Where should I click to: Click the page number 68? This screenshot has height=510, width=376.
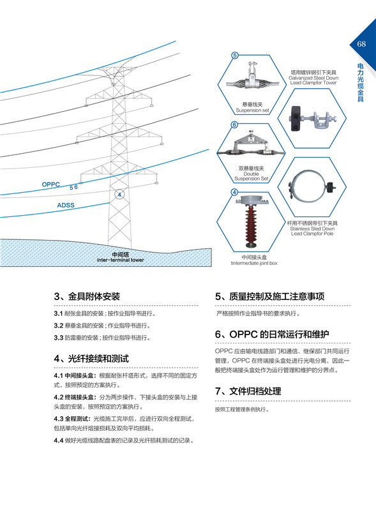(x=361, y=44)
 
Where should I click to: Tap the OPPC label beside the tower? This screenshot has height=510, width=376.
(x=50, y=184)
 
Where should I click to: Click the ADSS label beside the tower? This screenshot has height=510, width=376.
(x=66, y=205)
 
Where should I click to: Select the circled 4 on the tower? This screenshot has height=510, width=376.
(x=118, y=193)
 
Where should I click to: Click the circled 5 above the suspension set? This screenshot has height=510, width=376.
(x=234, y=56)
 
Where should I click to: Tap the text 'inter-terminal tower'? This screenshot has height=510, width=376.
(x=120, y=260)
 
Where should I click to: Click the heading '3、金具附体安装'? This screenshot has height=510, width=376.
(x=87, y=297)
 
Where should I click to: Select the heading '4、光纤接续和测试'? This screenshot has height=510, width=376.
(x=91, y=358)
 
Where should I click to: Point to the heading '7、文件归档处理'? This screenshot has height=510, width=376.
(x=248, y=391)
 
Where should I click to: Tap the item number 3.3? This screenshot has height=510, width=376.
(x=58, y=337)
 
